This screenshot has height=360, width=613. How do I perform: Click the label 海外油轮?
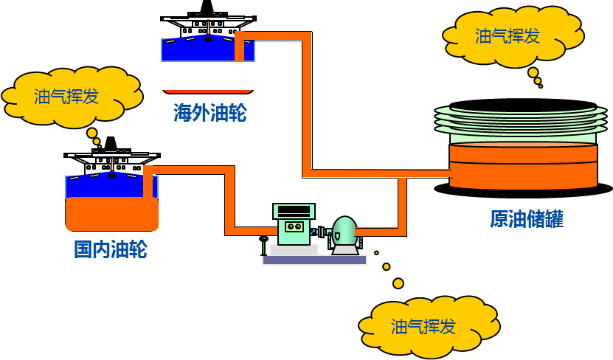[x=210, y=113]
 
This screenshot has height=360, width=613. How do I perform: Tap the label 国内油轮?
[x=111, y=249]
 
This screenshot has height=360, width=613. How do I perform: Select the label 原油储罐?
[x=527, y=219]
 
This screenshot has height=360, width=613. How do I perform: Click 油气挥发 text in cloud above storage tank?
[x=508, y=36]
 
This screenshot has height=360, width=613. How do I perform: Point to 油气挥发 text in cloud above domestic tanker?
[x=66, y=97]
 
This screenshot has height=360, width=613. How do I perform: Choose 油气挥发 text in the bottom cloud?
[x=423, y=327]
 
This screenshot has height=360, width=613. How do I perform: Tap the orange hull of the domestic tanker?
[x=112, y=215]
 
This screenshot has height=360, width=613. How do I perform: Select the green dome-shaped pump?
[x=344, y=232]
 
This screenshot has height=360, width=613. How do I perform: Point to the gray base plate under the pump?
[x=314, y=260]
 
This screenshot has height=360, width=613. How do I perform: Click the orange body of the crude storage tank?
[x=523, y=167]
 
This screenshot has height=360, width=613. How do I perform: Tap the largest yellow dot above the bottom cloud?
[x=398, y=283]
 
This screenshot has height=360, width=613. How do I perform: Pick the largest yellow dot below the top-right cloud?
[x=533, y=72]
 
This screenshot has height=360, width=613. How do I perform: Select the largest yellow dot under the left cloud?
[x=92, y=134]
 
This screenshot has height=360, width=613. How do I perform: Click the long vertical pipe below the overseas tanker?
[x=307, y=103]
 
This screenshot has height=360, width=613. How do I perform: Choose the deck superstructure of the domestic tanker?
[x=112, y=163]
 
